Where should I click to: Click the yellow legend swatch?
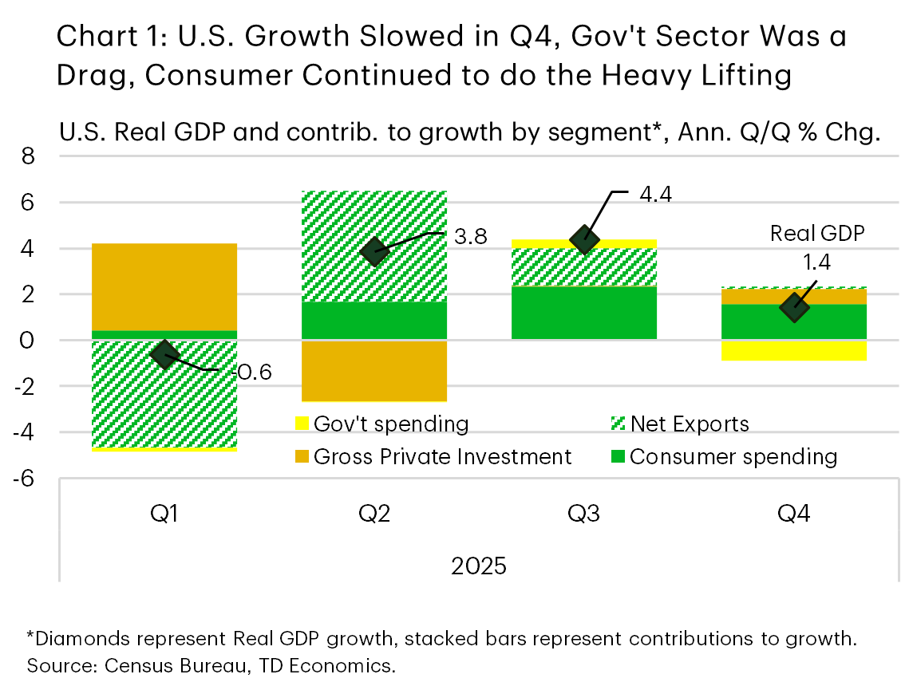[x=302, y=423]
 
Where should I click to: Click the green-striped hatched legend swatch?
[x=618, y=423]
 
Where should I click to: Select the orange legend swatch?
[x=302, y=456]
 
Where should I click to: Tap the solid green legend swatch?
[x=618, y=456]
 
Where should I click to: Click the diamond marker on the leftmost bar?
[x=164, y=354]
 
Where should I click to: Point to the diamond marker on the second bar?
[x=374, y=251]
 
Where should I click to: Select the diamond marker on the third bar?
[x=584, y=238]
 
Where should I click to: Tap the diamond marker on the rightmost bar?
[x=794, y=307]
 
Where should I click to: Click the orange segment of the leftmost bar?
[x=164, y=286]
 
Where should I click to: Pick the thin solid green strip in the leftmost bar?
[x=164, y=335]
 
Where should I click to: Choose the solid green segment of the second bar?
[x=374, y=321]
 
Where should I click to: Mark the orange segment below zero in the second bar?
[x=374, y=371]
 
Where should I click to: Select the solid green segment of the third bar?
[x=584, y=313]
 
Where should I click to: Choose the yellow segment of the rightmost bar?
[x=794, y=351]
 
